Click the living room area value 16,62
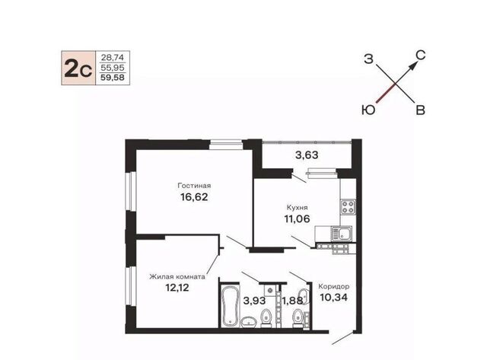[x=194, y=197]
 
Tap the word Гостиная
[x=194, y=186]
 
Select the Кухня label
[x=297, y=207]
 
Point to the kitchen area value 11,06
[x=297, y=218]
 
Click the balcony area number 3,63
[x=307, y=155]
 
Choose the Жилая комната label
[x=177, y=276]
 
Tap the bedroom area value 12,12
[x=177, y=288]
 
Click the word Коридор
[x=333, y=286]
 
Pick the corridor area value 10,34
[x=333, y=298]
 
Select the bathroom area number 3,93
[x=254, y=301]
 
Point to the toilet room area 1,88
[x=292, y=301]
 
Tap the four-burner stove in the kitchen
[x=348, y=207]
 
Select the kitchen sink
[x=341, y=234]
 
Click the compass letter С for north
[x=420, y=56]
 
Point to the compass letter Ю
[x=368, y=110]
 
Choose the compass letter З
[x=368, y=59]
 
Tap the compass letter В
[x=420, y=110]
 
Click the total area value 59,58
[x=113, y=78]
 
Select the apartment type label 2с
[x=78, y=68]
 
